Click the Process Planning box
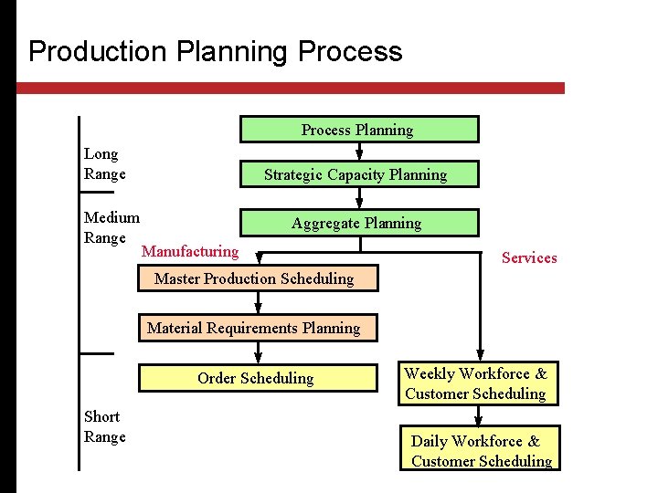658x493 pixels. pos(358,130)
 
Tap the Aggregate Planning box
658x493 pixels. pos(357,223)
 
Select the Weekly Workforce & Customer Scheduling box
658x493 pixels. pos(476,383)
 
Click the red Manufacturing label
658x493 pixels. pos(190,251)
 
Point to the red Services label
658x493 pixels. pos(529,257)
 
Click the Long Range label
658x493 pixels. pos(104,164)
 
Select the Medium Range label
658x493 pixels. pos(111,227)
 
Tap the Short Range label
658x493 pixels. pos(104,426)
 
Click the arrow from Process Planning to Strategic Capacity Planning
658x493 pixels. pos(358,152)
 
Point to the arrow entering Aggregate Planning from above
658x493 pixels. pos(358,200)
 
